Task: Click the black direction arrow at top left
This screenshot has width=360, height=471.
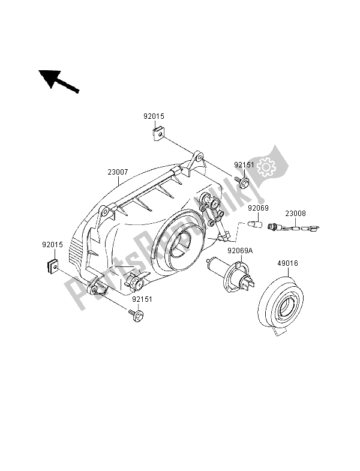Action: (x=58, y=81)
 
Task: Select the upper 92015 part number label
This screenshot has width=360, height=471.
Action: (x=154, y=116)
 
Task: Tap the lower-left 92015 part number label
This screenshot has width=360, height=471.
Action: (x=52, y=245)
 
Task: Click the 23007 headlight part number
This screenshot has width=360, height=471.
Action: (x=118, y=172)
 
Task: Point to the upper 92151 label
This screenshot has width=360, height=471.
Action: (x=244, y=164)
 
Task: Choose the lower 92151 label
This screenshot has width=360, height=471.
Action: (x=142, y=299)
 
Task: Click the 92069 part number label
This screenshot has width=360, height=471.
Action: (x=258, y=208)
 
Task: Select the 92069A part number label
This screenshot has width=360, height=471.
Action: (x=240, y=251)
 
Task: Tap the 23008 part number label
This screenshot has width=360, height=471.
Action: (x=295, y=213)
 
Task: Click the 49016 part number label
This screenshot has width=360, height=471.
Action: (x=287, y=263)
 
